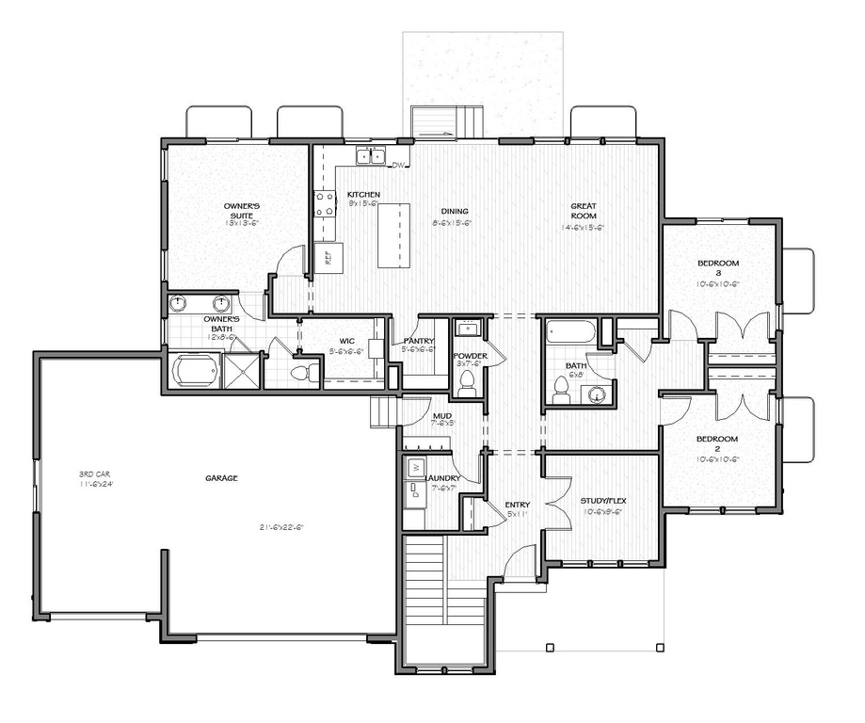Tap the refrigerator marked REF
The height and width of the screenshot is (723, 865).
pos(328,257)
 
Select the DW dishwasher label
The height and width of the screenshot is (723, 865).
pos(398,166)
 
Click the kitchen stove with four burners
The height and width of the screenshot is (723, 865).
pos(325,203)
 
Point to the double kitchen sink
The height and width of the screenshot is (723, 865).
pos(373,155)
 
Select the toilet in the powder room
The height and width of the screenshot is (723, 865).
pos(466,381)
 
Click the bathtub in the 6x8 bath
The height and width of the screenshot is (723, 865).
pos(569,332)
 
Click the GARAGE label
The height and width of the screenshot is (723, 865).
pos(221,478)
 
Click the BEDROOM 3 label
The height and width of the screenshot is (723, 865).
pos(717,267)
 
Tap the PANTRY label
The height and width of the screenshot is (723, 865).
pos(418,341)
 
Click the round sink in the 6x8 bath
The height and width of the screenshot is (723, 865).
pos(598,394)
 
